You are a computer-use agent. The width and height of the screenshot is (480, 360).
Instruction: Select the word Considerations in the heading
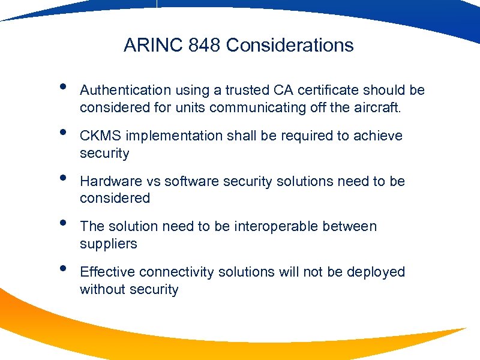tap(290, 45)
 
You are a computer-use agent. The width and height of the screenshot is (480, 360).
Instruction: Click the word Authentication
tap(125, 90)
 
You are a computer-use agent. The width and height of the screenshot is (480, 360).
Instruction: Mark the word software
tap(190, 181)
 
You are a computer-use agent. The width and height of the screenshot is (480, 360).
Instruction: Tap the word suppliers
tap(109, 244)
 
